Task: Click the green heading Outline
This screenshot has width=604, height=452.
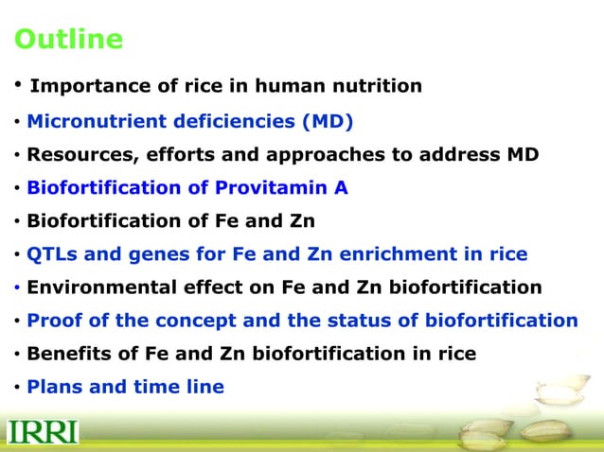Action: (68, 40)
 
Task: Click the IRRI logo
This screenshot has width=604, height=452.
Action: (43, 432)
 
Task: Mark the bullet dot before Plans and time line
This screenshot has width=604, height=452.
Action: (16, 387)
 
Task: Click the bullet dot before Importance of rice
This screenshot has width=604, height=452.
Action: (17, 86)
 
